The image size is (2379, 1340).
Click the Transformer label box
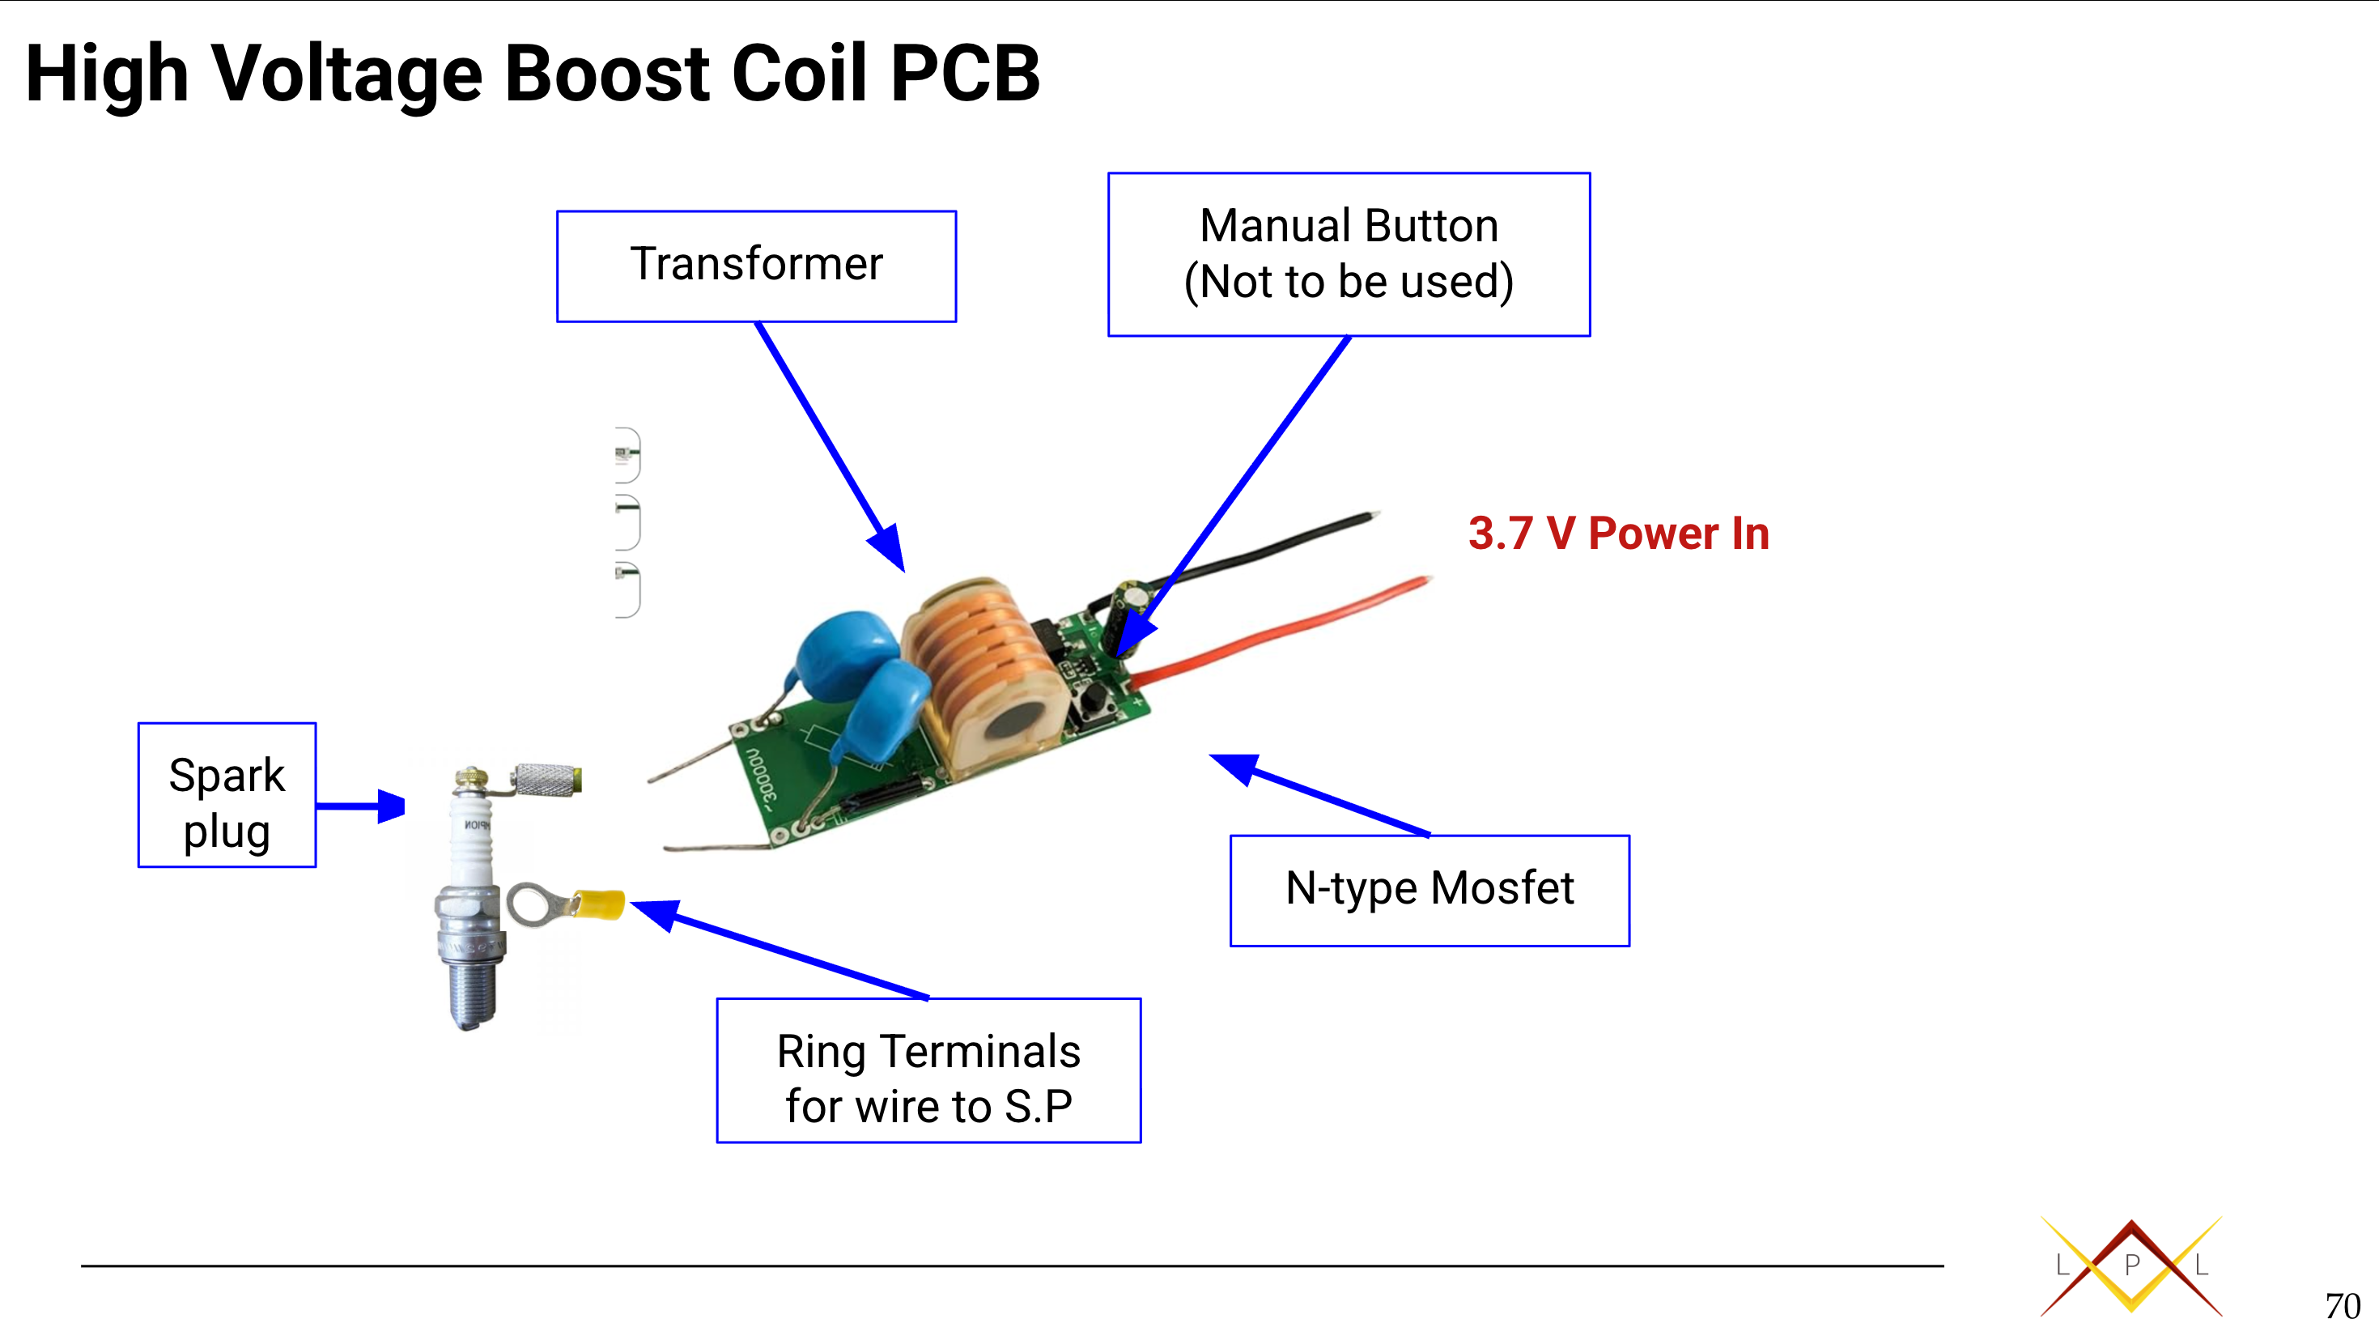click(x=755, y=266)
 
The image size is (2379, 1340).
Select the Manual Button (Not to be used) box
click(x=1349, y=254)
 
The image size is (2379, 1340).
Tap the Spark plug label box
click(x=227, y=795)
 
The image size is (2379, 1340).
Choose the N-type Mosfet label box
click(x=1430, y=891)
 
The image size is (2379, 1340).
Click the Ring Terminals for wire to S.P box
click(x=928, y=1070)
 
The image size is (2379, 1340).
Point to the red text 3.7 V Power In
click(x=1618, y=534)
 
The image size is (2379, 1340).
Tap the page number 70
click(x=2342, y=1306)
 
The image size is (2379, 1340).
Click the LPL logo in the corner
click(x=2131, y=1266)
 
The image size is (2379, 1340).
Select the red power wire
click(x=1293, y=628)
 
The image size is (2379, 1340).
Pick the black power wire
click(x=1265, y=550)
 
